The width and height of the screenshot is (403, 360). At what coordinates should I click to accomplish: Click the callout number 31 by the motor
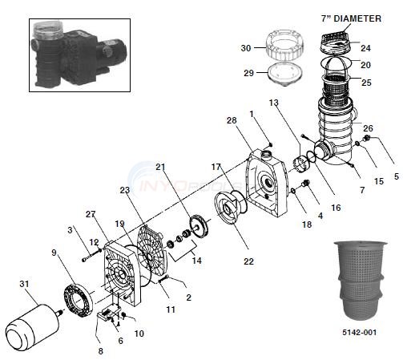[24, 284]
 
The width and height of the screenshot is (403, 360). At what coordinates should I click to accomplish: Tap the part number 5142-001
[359, 332]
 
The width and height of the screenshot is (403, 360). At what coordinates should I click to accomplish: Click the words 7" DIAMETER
[351, 18]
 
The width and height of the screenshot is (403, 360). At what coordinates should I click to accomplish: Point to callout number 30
[246, 48]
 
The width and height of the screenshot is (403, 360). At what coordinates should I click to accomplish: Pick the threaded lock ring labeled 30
[284, 45]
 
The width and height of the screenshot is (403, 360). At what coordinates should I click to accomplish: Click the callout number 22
[248, 261]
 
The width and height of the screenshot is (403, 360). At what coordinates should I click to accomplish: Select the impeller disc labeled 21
[199, 226]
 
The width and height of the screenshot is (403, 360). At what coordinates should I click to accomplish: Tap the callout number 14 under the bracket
[197, 261]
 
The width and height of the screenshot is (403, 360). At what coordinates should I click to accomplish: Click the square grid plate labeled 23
[151, 250]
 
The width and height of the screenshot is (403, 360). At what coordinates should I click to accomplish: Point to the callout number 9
[54, 253]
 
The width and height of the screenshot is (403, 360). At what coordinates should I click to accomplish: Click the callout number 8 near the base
[101, 351]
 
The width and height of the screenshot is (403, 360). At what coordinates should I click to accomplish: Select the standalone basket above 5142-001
[360, 282]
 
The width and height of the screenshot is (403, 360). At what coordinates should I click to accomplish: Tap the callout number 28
[232, 120]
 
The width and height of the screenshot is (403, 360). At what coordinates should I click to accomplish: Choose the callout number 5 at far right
[397, 176]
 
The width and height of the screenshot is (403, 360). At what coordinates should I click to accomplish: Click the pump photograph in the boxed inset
[79, 55]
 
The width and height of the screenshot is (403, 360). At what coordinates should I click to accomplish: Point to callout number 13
[274, 103]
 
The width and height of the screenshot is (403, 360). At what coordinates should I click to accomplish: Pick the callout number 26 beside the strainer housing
[368, 128]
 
